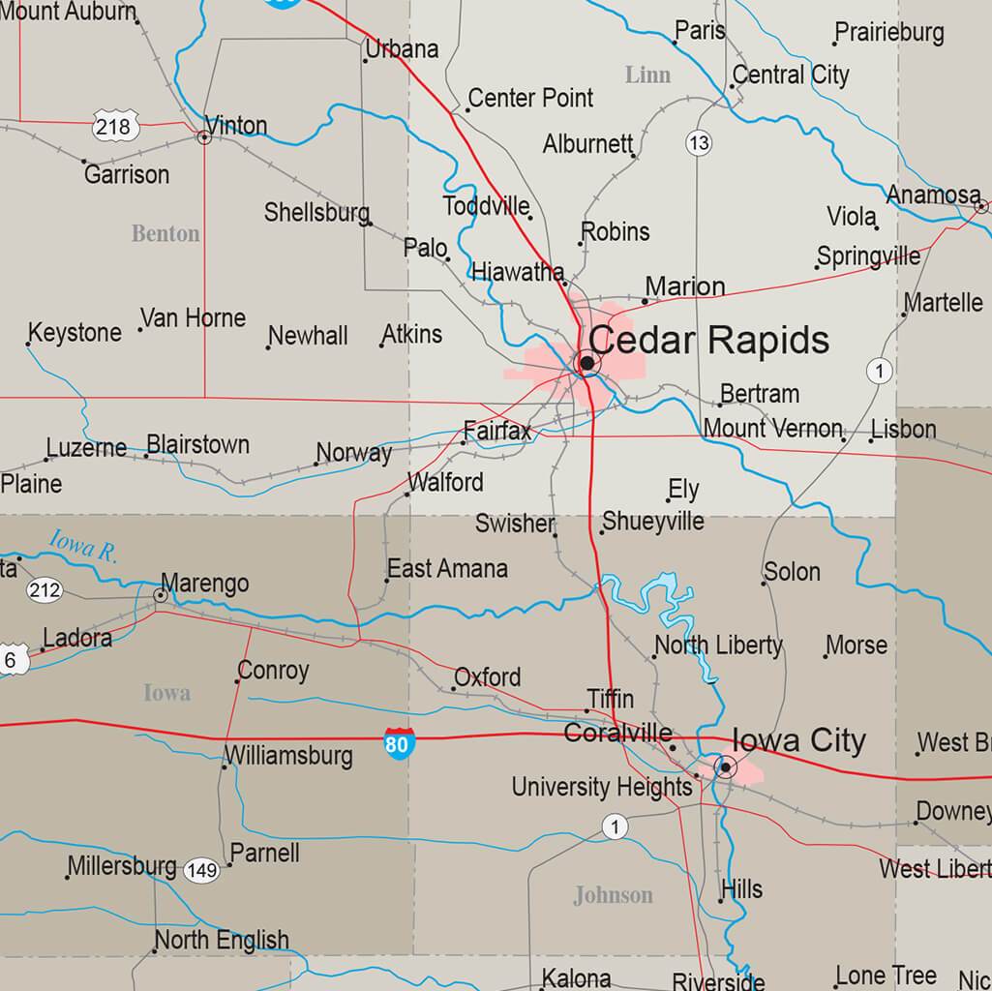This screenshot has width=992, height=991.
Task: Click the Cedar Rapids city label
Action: (x=708, y=341)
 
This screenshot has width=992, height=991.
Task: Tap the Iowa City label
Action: (x=798, y=741)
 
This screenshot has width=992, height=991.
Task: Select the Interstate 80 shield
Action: (x=397, y=743)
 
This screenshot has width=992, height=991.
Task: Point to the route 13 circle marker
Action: (x=698, y=143)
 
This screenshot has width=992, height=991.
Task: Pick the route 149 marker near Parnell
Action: (x=202, y=870)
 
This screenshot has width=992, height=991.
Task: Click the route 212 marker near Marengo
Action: (x=45, y=590)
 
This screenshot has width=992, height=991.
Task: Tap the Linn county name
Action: (x=647, y=75)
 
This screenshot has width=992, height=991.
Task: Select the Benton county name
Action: (x=165, y=233)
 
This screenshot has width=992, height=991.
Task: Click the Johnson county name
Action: (x=613, y=895)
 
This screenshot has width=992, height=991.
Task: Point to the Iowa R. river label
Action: (x=83, y=547)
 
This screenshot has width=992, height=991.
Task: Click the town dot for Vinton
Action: (x=204, y=137)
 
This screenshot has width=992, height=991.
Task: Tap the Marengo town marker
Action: (x=160, y=595)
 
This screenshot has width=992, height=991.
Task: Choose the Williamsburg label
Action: (x=288, y=755)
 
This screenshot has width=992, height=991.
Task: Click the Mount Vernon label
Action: (x=772, y=428)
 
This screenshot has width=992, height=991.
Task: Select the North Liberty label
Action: (x=718, y=645)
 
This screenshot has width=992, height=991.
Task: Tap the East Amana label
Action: (x=447, y=569)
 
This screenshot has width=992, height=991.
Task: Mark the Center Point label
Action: (x=530, y=98)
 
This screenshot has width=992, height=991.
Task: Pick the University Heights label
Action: (x=602, y=787)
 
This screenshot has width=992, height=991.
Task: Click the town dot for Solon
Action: (x=764, y=582)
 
